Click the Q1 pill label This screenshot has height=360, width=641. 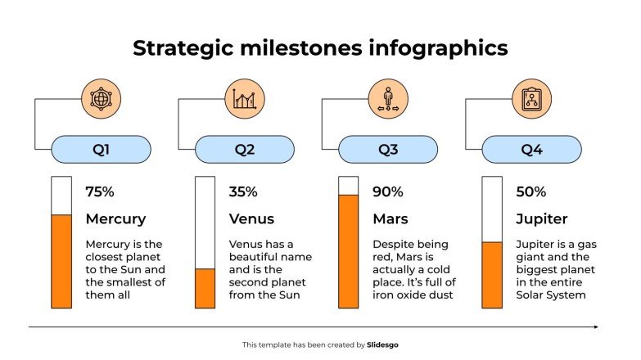click(x=101, y=150)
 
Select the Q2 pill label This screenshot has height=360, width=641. click(x=244, y=150)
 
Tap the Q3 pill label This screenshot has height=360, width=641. click(x=387, y=150)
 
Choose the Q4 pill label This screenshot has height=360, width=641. click(x=531, y=150)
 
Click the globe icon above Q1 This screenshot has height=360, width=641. click(x=101, y=99)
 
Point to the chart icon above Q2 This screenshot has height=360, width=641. click(x=244, y=99)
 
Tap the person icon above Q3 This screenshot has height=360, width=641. click(x=388, y=99)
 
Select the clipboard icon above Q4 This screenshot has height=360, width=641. click(x=531, y=99)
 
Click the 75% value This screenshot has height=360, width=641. click(x=100, y=192)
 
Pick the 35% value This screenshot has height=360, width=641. click(x=243, y=192)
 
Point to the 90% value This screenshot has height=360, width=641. click(x=387, y=192)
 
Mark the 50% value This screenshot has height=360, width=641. click(x=530, y=192)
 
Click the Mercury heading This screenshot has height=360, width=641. click(x=115, y=219)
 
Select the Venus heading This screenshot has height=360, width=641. click(x=251, y=219)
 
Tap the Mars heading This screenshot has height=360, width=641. click(x=390, y=219)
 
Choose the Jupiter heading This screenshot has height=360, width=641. click(x=541, y=219)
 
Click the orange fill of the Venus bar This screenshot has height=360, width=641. click(x=205, y=288)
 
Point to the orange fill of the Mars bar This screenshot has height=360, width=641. click(x=349, y=251)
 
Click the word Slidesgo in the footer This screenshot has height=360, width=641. click(x=383, y=345)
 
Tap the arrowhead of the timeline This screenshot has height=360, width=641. click(x=595, y=327)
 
